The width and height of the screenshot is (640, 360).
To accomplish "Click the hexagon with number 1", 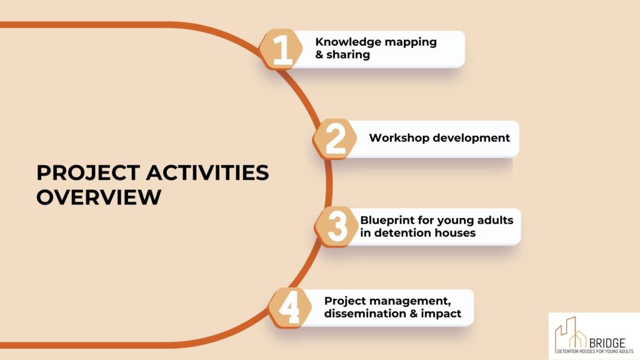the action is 281,50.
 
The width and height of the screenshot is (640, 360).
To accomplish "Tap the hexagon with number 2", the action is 335,139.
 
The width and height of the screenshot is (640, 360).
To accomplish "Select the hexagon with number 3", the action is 336,226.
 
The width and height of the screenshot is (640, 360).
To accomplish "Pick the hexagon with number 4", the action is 290,307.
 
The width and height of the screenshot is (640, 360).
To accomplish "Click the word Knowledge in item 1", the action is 348,42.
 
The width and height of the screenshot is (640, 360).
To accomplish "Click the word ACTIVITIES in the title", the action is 207,172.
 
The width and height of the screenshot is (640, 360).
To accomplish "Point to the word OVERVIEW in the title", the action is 99,197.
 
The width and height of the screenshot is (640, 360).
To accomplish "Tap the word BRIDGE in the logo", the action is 607,343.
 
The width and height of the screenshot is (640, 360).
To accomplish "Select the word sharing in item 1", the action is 348,55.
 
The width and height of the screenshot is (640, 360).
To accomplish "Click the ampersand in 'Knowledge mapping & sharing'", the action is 319,55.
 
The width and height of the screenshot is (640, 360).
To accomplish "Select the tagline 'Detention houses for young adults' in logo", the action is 595,351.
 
